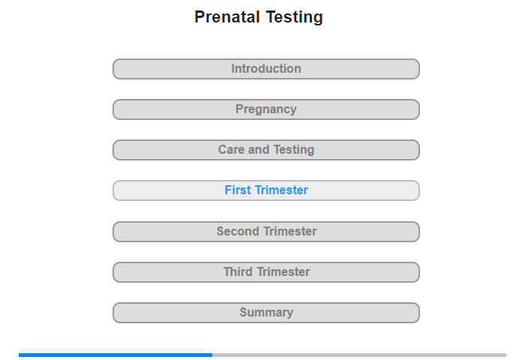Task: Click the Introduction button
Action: click(266, 69)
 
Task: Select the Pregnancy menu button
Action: click(266, 109)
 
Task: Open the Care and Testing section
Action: click(266, 150)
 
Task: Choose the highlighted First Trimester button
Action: click(266, 190)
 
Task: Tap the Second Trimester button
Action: click(266, 232)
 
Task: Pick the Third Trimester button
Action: click(266, 272)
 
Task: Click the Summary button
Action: click(266, 313)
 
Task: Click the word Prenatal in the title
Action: click(227, 17)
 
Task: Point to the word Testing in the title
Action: click(294, 18)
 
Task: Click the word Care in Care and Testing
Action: click(232, 150)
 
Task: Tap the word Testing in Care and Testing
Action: click(294, 150)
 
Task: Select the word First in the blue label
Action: click(238, 190)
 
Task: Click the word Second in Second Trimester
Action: click(238, 232)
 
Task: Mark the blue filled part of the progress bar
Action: click(115, 355)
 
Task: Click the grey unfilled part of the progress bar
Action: click(359, 355)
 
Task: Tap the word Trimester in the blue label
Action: click(281, 190)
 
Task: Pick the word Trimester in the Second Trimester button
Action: click(290, 232)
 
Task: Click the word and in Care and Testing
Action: click(259, 150)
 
